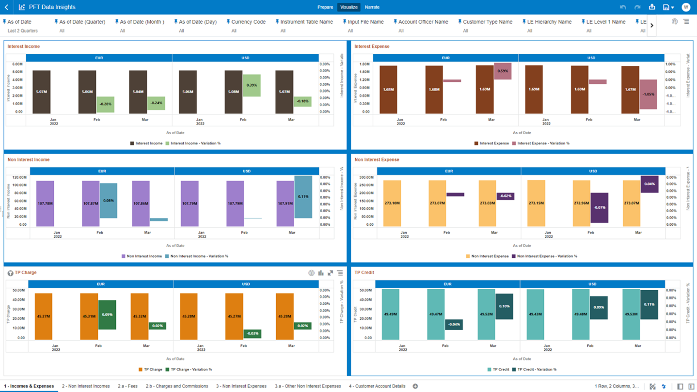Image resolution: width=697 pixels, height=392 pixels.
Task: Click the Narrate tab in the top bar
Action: (x=372, y=7)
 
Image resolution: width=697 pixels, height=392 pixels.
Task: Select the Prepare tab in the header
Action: (x=325, y=7)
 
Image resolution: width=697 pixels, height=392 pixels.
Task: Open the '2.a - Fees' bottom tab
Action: (x=127, y=386)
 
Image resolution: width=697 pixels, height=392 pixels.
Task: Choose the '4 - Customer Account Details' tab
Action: (x=377, y=386)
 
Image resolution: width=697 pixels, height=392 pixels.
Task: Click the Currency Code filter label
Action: (x=248, y=22)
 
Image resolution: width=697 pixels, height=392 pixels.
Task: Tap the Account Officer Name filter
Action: (x=423, y=22)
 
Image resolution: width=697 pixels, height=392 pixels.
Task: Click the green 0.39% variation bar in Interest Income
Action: (x=252, y=85)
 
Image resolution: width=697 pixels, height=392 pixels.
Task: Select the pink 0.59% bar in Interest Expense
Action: (x=503, y=71)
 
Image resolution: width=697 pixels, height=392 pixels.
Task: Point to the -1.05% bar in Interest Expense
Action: (x=648, y=94)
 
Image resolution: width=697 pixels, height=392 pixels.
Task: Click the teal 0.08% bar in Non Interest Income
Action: (x=109, y=201)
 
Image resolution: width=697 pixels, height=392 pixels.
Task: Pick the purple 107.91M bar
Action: (x=285, y=204)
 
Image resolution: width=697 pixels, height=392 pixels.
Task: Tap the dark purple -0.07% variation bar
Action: (x=599, y=208)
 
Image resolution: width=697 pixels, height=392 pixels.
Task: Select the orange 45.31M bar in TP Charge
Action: (x=89, y=316)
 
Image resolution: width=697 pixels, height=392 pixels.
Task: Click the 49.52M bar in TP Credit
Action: (x=486, y=314)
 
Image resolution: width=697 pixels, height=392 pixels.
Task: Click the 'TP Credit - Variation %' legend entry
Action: (x=537, y=369)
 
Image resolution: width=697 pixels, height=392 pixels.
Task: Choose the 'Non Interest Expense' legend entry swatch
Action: (x=468, y=256)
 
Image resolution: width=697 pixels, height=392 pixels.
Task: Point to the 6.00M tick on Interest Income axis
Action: (x=17, y=64)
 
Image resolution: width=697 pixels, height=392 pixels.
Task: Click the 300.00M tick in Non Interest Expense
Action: (x=366, y=177)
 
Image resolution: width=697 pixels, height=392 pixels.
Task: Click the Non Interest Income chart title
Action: (x=29, y=159)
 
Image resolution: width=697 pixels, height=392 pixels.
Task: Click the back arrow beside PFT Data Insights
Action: (x=6, y=7)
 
